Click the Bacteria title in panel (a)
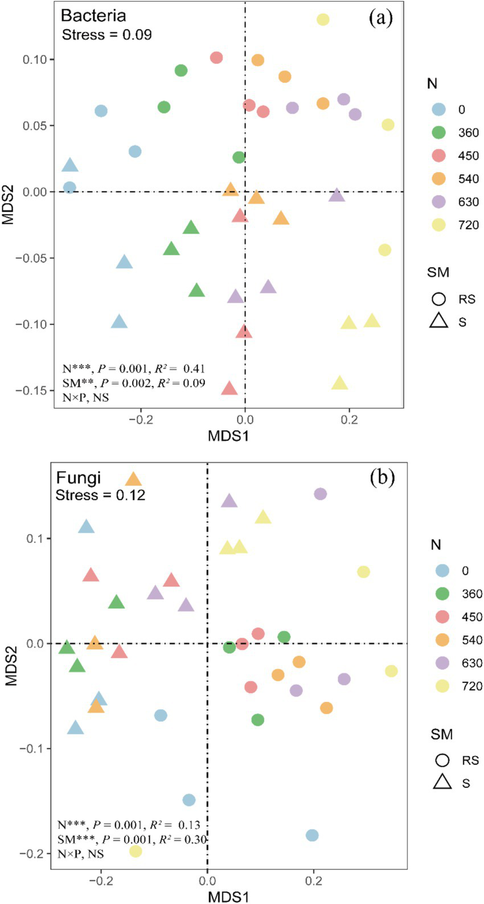(93, 15)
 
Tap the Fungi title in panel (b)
(78, 477)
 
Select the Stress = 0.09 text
(106, 35)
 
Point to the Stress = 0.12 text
(100, 495)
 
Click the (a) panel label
(380, 18)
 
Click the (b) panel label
(382, 477)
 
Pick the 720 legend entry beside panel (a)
(469, 225)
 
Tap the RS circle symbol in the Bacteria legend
(438, 299)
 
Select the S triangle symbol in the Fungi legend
(442, 783)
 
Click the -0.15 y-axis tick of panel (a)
(35, 390)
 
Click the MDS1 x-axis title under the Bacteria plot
(228, 436)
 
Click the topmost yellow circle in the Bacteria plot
(323, 20)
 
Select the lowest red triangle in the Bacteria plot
(229, 388)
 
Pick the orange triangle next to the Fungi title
(133, 479)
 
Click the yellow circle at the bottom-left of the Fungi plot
(136, 852)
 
